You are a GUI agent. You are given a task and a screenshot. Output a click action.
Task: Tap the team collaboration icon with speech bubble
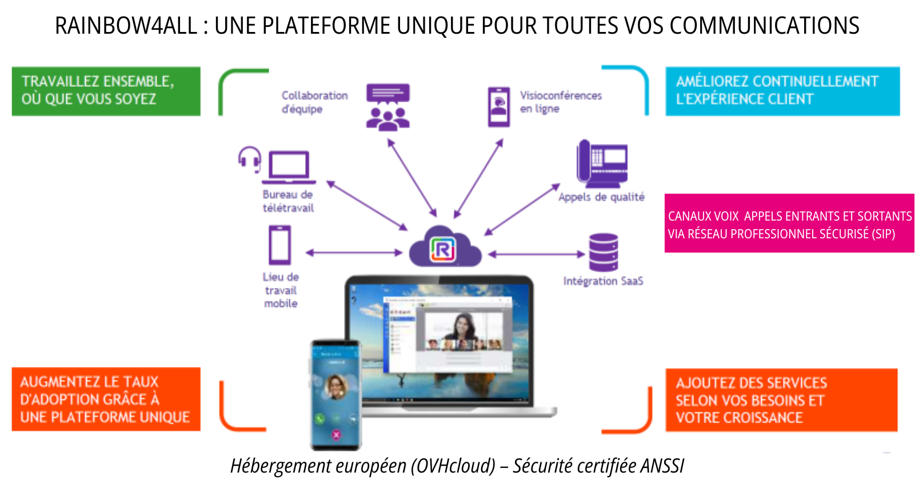click(x=388, y=107)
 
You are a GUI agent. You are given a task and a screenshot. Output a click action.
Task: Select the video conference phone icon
click(x=498, y=107)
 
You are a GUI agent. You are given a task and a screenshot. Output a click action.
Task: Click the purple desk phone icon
click(x=602, y=163)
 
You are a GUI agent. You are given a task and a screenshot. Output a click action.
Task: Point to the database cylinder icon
click(x=604, y=252)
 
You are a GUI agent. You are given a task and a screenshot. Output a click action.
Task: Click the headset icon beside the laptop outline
click(x=250, y=158)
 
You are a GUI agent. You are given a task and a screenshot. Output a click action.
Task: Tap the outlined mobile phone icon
click(x=280, y=245)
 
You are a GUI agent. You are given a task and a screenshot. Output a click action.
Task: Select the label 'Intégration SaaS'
click(x=603, y=281)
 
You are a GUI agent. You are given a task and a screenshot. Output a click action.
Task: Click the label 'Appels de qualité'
click(x=601, y=197)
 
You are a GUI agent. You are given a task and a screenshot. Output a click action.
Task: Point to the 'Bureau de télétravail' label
click(x=288, y=201)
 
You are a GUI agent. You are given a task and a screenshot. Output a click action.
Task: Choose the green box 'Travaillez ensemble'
click(x=106, y=91)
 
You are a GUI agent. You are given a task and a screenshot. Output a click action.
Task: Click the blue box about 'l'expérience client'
click(x=782, y=91)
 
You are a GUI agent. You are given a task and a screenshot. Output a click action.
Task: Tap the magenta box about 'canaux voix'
click(x=789, y=223)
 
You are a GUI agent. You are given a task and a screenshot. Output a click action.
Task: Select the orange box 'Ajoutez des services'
click(x=781, y=400)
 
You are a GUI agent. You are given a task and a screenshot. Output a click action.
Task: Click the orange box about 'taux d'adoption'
click(x=106, y=399)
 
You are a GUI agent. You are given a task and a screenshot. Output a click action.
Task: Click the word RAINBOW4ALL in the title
click(x=126, y=26)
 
